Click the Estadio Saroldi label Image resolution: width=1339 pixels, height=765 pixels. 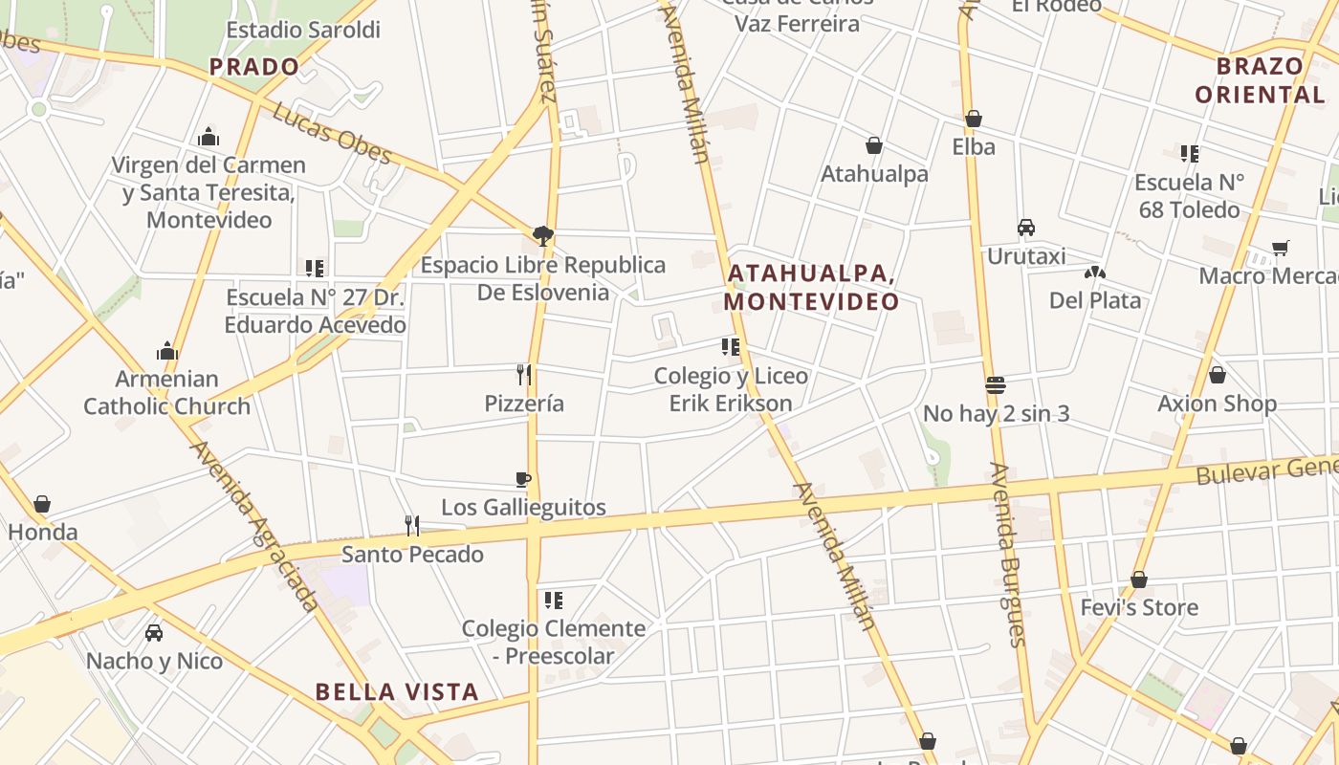pyautogui.click(x=303, y=30)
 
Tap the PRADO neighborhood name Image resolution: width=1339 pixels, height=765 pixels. pyautogui.click(x=254, y=67)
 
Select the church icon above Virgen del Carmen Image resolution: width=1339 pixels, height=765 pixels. pyautogui.click(x=209, y=138)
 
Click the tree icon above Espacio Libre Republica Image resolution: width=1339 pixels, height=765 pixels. pyautogui.click(x=543, y=236)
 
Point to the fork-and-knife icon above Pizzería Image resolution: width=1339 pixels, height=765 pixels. pyautogui.click(x=523, y=374)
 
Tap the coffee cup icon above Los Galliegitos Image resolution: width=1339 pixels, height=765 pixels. pyautogui.click(x=523, y=479)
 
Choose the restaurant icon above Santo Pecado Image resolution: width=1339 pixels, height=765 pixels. pyautogui.click(x=412, y=525)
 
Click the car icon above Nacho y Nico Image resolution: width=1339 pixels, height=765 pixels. pyautogui.click(x=153, y=632)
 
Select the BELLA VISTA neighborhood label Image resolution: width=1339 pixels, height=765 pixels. pyautogui.click(x=397, y=691)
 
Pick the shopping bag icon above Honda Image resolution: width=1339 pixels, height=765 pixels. pyautogui.click(x=42, y=504)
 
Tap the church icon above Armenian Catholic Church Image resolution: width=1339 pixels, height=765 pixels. pyautogui.click(x=167, y=351)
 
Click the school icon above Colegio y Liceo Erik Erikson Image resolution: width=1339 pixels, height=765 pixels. pyautogui.click(x=731, y=347)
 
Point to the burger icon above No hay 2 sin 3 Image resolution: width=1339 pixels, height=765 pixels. pyautogui.click(x=996, y=385)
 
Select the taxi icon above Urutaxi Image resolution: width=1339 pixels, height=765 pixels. pyautogui.click(x=1026, y=228)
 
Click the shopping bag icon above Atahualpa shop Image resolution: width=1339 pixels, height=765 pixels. pyautogui.click(x=874, y=145)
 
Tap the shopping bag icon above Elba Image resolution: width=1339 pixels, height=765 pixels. pyautogui.click(x=974, y=119)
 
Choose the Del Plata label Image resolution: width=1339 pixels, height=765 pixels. pyautogui.click(x=1095, y=300)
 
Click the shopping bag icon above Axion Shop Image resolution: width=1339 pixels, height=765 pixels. pyautogui.click(x=1218, y=375)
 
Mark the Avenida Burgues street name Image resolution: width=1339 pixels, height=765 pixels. pyautogui.click(x=1008, y=555)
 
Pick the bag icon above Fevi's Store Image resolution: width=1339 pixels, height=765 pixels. pyautogui.click(x=1139, y=579)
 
